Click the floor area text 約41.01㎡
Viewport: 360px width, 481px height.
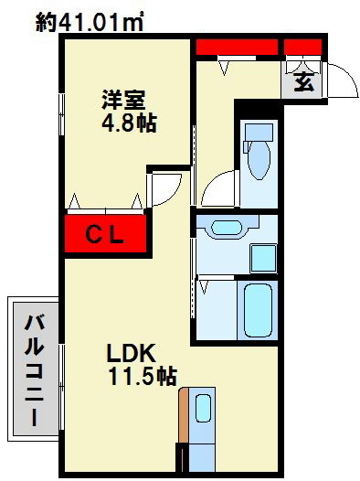[90, 20]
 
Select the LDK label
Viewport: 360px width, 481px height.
[133, 353]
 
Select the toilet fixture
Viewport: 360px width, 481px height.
[258, 156]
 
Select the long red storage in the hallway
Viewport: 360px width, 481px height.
[237, 46]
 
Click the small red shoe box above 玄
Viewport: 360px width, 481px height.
[302, 46]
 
